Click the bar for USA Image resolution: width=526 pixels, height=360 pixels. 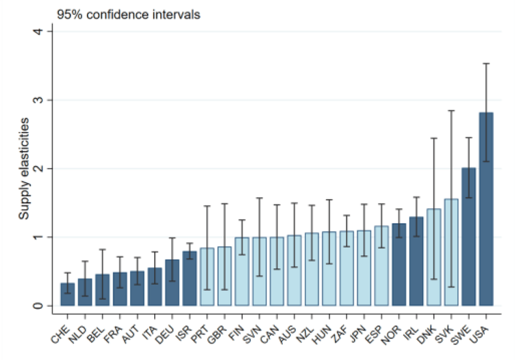486,209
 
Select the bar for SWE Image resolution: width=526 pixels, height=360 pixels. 468,237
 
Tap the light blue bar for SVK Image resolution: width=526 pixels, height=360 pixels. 451,253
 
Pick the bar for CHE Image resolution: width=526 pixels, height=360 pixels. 67,294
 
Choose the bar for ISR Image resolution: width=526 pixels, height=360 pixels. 190,279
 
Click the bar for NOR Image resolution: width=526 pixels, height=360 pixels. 399,264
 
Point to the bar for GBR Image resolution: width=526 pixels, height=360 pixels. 225,277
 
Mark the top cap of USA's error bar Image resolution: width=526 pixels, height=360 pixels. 486,64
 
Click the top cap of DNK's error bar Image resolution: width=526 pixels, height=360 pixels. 434,138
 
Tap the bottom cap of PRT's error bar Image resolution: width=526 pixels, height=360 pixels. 207,290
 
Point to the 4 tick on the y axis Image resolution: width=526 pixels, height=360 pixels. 49,31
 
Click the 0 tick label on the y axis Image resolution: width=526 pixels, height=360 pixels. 38,306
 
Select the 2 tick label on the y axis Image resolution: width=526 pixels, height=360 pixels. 38,168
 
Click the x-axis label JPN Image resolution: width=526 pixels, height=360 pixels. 358,334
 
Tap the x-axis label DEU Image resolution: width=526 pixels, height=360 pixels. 164,335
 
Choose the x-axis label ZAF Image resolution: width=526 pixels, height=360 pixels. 340,334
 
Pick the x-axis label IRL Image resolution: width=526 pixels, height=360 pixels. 411,333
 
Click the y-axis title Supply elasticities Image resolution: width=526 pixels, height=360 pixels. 24,168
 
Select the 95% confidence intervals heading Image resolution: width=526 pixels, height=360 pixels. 129,15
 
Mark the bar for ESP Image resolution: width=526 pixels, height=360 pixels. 381,266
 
